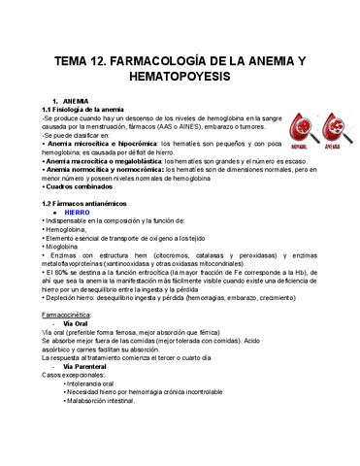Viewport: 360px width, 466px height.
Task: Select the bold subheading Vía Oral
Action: click(77, 324)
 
